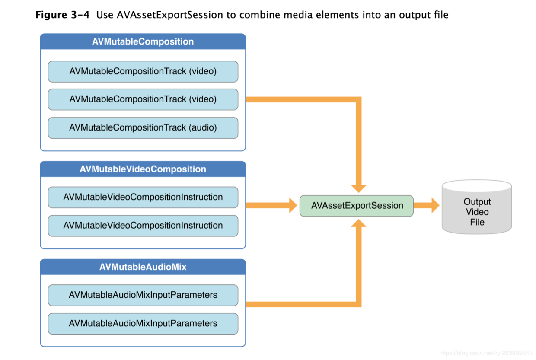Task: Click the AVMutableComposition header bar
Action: point(143,41)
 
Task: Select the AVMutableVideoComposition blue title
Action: point(143,169)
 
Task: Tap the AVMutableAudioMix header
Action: point(143,267)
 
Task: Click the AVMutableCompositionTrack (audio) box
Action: point(143,128)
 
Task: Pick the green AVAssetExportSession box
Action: point(357,206)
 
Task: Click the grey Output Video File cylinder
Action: point(477,207)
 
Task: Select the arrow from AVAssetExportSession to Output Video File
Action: point(426,205)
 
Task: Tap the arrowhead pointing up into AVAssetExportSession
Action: point(358,223)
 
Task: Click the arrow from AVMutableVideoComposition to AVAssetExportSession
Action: point(271,205)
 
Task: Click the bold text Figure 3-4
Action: point(62,15)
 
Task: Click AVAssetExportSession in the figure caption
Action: point(170,15)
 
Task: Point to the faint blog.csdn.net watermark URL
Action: point(486,353)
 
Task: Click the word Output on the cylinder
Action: point(477,202)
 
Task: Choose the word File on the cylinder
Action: point(477,222)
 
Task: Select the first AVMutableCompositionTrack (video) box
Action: point(143,71)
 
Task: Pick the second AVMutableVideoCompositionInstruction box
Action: point(143,226)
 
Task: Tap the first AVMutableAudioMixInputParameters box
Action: point(143,295)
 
